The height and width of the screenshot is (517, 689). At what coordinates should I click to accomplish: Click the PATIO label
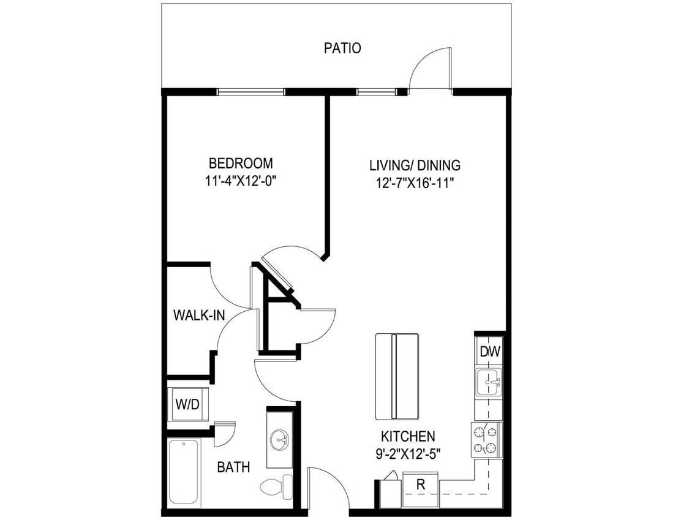pyautogui.click(x=342, y=48)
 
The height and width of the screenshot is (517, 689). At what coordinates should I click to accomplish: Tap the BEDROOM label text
pyautogui.click(x=241, y=164)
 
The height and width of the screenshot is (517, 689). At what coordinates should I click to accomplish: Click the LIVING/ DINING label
pyautogui.click(x=415, y=165)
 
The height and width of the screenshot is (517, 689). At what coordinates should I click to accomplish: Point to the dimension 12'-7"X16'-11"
pyautogui.click(x=415, y=182)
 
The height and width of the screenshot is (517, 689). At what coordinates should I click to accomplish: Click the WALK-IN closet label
pyautogui.click(x=199, y=315)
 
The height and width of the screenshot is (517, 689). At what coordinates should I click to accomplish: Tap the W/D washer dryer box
pyautogui.click(x=187, y=404)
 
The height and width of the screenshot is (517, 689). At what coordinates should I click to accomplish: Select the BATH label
pyautogui.click(x=233, y=467)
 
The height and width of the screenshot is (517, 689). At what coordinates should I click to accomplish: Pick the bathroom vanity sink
pyautogui.click(x=280, y=438)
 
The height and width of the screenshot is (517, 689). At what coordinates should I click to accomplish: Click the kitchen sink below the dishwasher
pyautogui.click(x=489, y=382)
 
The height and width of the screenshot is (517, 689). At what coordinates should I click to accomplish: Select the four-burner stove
pyautogui.click(x=486, y=440)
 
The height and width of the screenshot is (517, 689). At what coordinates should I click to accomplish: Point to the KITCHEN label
pyautogui.click(x=408, y=437)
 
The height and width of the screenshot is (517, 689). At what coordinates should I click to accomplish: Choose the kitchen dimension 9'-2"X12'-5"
pyautogui.click(x=408, y=454)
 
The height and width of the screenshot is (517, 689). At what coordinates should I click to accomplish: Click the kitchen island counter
pyautogui.click(x=397, y=375)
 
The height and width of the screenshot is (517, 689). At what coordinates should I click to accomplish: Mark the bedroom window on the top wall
pyautogui.click(x=251, y=92)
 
